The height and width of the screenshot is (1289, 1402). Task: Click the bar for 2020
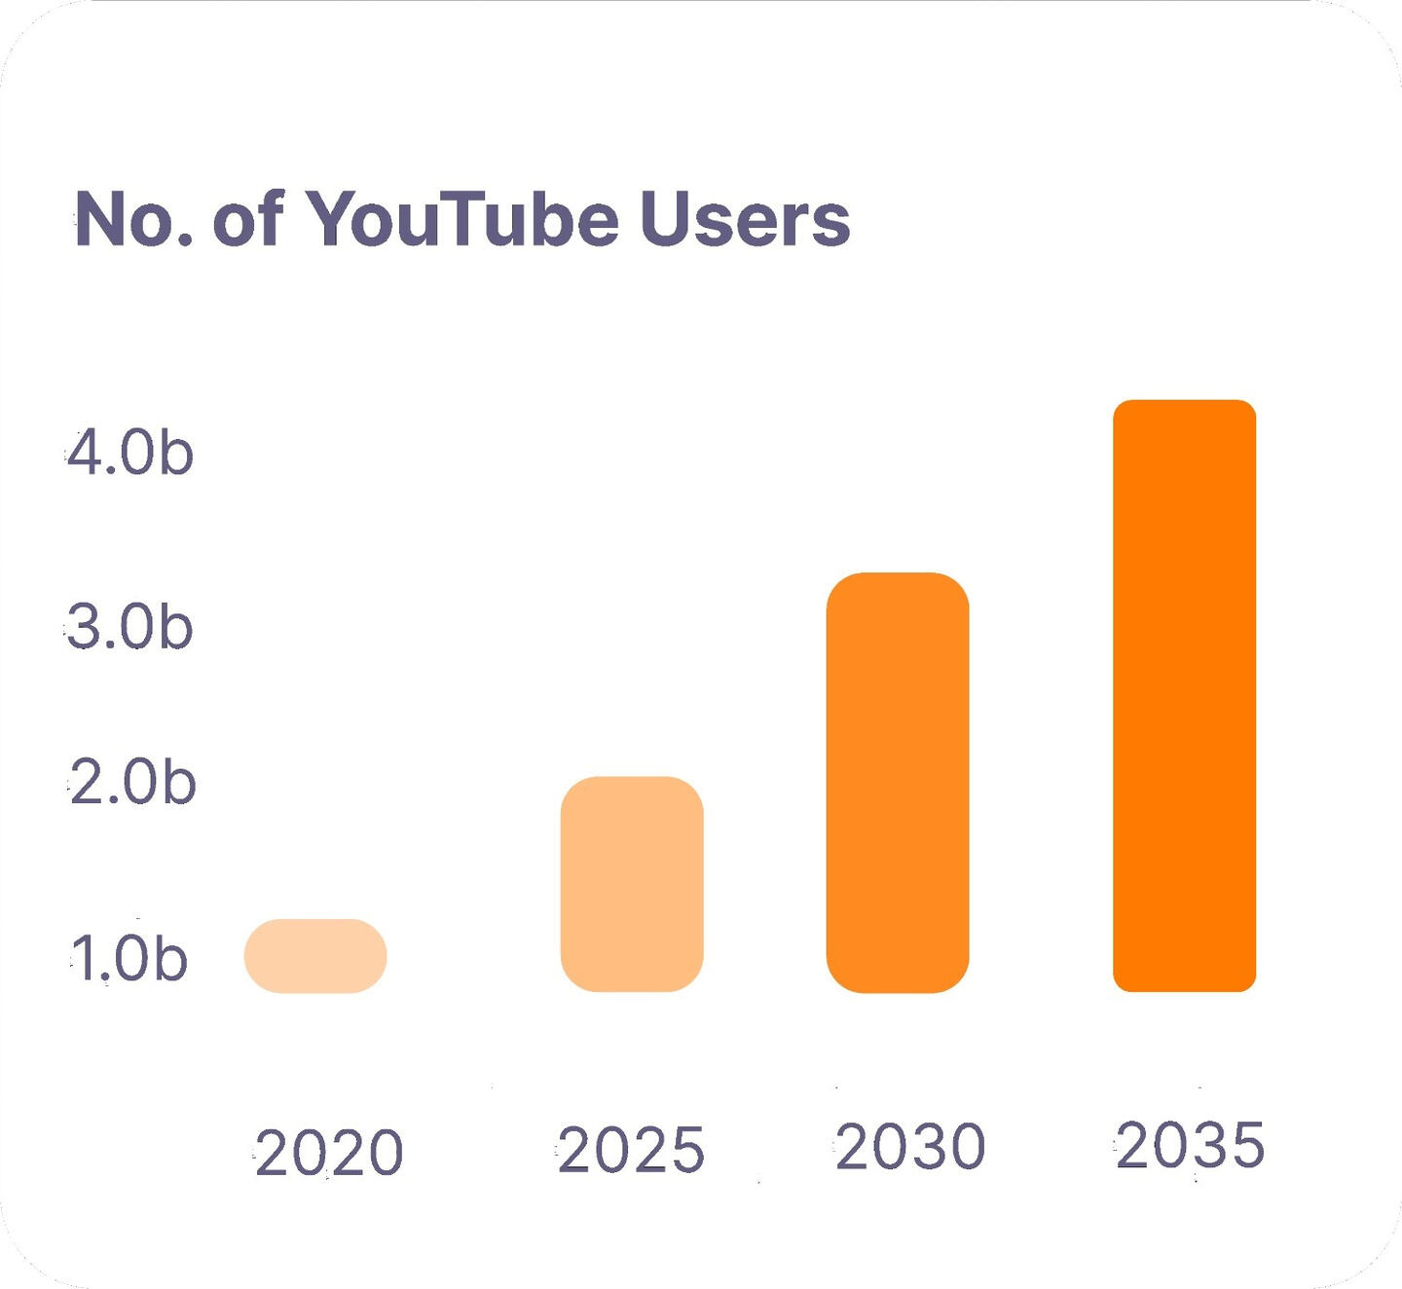coord(315,956)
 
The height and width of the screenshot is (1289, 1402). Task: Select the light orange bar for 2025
coord(632,884)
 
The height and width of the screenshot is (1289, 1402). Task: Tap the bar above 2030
coord(898,783)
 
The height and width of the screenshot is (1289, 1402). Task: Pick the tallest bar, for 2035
coord(1184,696)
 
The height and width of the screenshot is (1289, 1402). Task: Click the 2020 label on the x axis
coord(329,1153)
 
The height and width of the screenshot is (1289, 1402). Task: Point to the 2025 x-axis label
coord(631,1150)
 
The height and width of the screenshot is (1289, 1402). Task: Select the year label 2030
coord(910,1146)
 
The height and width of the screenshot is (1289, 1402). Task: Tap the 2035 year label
coord(1190,1144)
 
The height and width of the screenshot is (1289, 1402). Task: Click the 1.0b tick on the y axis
coord(129,959)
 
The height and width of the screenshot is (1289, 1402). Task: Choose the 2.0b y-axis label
coord(133,782)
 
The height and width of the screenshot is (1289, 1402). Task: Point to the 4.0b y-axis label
coord(130,454)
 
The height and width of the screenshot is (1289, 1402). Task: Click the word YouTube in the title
coord(462,218)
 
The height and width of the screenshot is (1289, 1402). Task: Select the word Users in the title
coord(745,218)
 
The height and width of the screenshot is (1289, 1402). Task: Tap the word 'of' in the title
coord(248,218)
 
